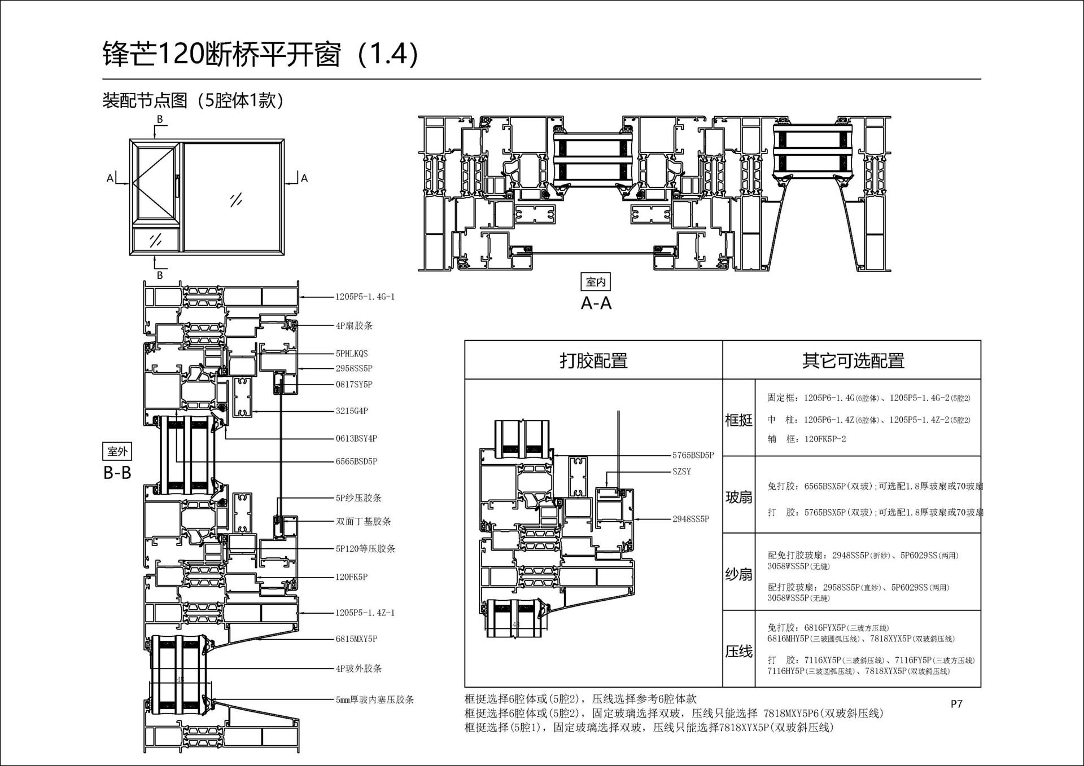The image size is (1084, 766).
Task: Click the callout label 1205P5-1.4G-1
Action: pos(365,297)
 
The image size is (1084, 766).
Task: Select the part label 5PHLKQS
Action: pos(351,354)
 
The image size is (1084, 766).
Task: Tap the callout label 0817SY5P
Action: pos(354,385)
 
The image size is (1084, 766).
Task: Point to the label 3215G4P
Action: pos(352,411)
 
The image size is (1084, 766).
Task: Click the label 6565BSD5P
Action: pos(356,461)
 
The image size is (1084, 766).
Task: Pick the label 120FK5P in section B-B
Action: pos(351,577)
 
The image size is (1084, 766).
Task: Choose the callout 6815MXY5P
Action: pos(356,639)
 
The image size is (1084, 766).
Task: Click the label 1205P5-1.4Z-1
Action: pos(365,613)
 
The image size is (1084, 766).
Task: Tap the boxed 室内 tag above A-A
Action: pos(596,281)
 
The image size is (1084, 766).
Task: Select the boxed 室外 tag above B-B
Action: pos(117,451)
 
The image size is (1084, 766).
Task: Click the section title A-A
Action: pos(596,303)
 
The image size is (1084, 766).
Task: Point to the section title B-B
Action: pos(117,473)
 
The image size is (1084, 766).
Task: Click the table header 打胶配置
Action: pos(593,360)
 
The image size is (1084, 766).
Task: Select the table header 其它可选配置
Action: pos(853,360)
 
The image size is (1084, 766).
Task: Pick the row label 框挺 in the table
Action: pos(738,420)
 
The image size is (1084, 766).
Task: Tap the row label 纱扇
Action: pos(738,574)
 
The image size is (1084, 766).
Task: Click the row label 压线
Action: pos(738,651)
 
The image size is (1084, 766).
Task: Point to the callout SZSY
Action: pos(681,472)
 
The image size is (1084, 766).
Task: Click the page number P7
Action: pos(956,704)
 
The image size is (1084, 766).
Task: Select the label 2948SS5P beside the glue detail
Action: pos(690,519)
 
